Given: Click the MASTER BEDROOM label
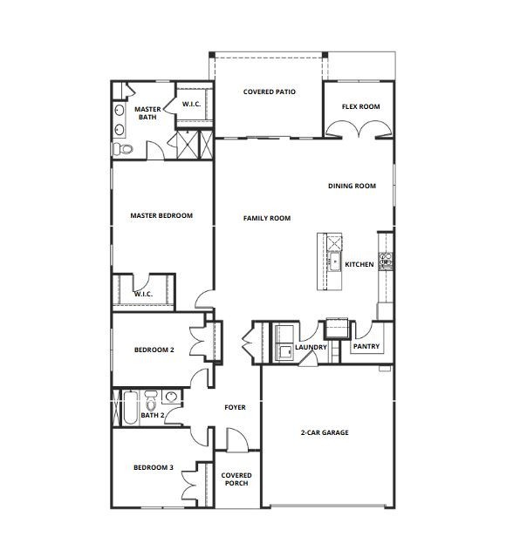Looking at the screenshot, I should point(161,215).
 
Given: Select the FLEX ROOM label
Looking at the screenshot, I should point(360,106).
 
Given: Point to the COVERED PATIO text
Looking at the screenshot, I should point(267,91).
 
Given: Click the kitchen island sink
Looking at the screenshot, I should point(332,260).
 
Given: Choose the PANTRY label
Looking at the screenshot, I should point(365,346).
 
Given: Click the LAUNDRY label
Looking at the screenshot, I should point(311,348).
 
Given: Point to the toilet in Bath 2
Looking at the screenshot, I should point(152,402).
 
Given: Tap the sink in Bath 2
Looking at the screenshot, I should point(171,398).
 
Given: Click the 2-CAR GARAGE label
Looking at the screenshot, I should point(325,432).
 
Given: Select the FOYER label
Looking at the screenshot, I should point(235,407).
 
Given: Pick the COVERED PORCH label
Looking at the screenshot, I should point(236,479).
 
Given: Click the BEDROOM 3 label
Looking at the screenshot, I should point(154,467).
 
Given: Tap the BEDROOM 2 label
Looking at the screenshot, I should point(154,350).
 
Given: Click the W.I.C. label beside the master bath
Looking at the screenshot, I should point(192,105).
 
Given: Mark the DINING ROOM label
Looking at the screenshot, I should point(352,186).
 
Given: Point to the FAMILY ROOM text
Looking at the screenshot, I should point(266,218).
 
